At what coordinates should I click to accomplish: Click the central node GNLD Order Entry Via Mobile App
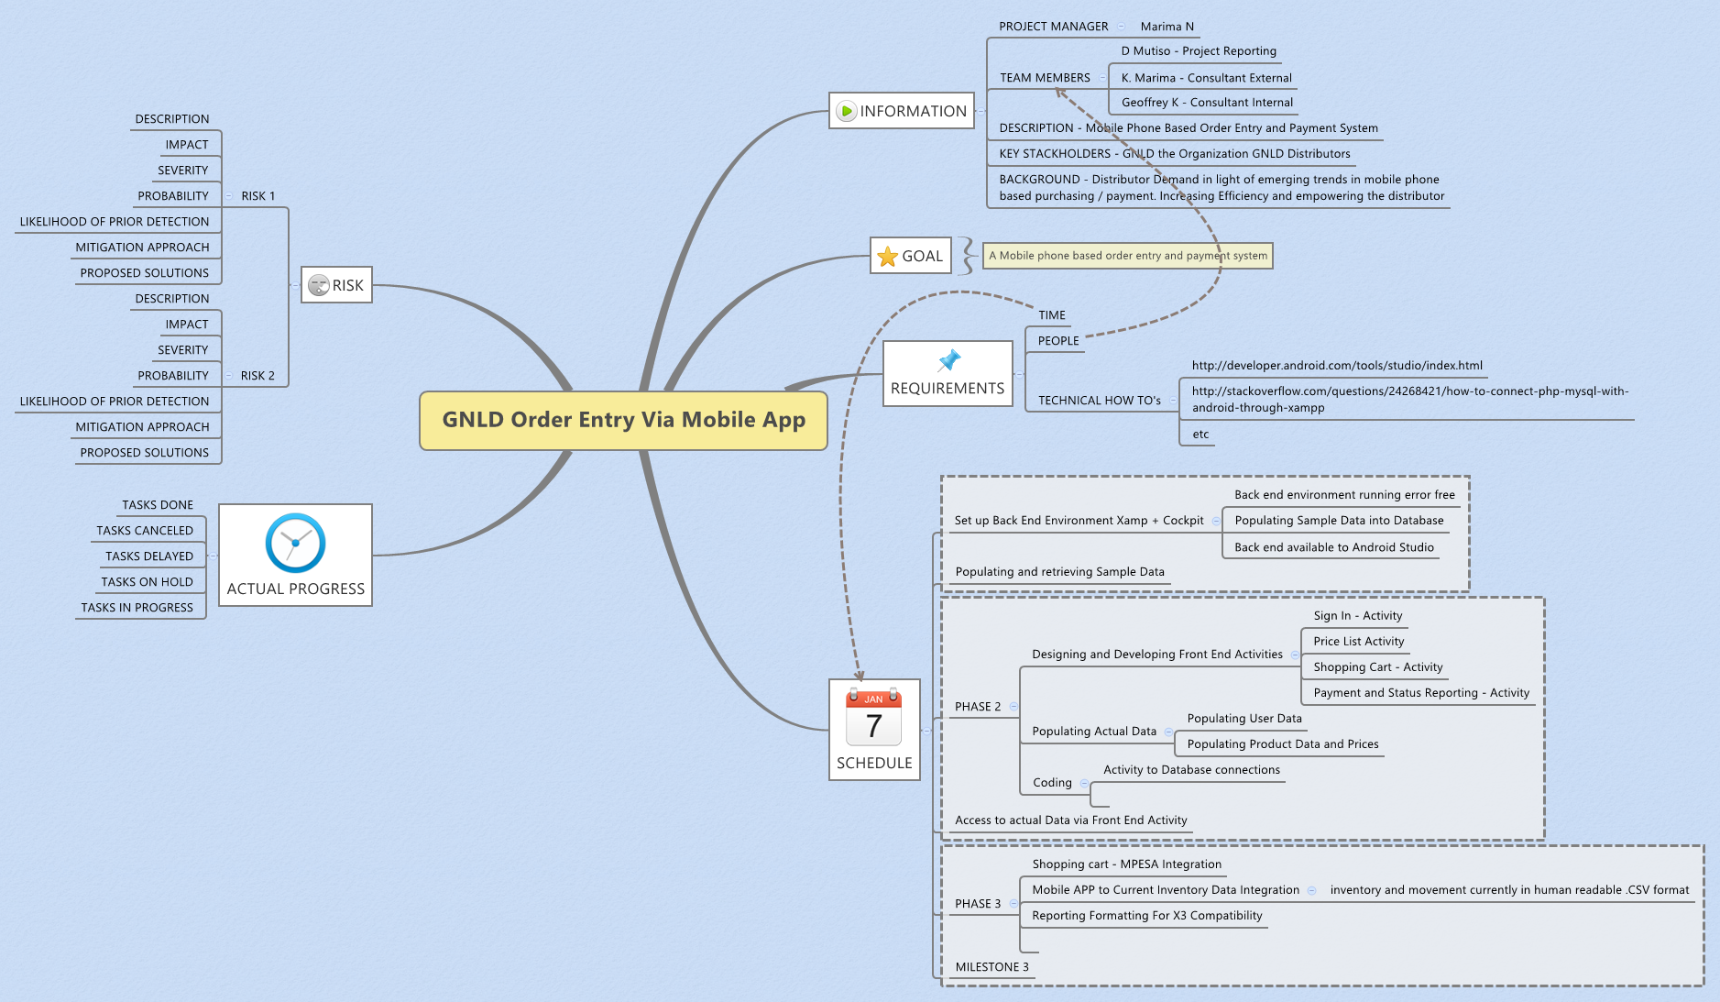(623, 420)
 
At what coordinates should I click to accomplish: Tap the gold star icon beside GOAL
(887, 257)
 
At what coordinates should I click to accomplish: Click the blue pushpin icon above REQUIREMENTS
(949, 359)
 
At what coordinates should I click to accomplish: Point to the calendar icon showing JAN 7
(873, 718)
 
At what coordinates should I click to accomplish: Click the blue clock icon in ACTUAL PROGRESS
(295, 543)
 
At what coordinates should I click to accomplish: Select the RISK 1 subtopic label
(257, 196)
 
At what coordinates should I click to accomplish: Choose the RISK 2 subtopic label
(257, 376)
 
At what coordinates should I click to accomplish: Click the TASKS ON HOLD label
(147, 582)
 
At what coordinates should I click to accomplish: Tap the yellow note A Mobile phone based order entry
(1128, 256)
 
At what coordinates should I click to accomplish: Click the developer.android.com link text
(1336, 366)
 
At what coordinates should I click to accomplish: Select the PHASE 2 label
(978, 707)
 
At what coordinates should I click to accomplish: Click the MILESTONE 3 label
(991, 967)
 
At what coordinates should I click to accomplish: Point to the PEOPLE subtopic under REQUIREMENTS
(1057, 341)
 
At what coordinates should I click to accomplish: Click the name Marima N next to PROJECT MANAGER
(1167, 27)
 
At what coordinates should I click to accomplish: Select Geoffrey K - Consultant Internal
(1207, 103)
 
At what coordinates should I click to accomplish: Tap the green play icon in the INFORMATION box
(846, 112)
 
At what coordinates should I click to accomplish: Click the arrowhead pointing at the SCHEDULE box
(859, 676)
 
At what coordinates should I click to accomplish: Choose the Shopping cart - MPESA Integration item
(1126, 864)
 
